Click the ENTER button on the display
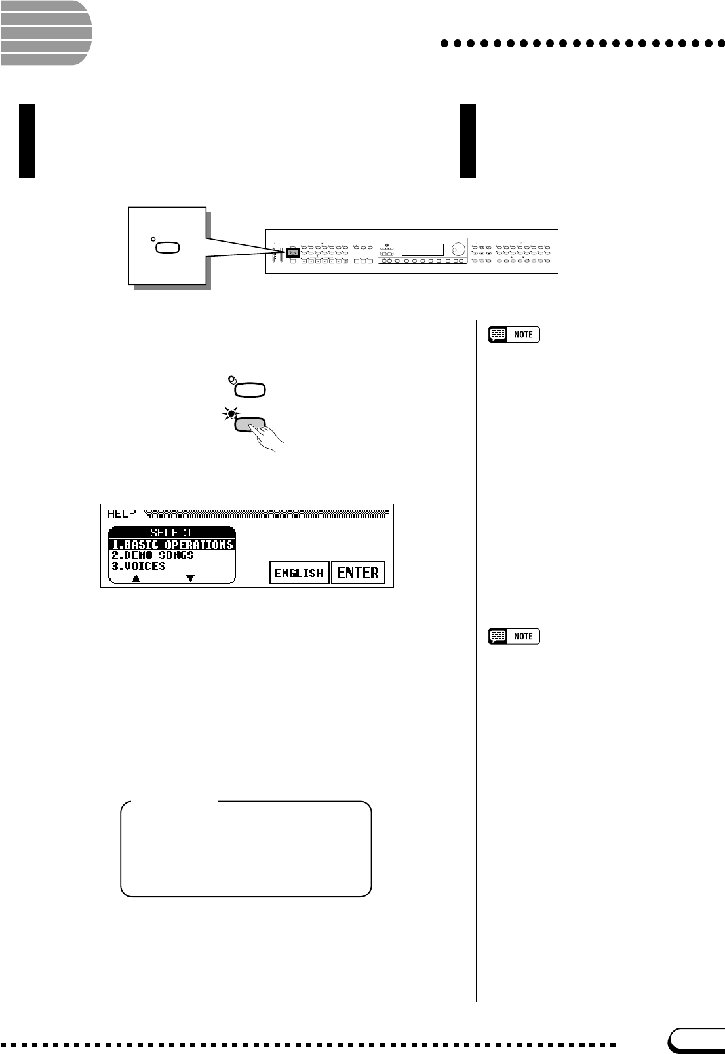358,573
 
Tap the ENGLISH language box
299,573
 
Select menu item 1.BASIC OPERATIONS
172,544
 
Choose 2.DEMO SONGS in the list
153,555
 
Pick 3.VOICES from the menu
138,566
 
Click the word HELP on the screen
121,514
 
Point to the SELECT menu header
171,533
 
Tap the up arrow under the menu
136,578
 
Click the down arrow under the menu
190,578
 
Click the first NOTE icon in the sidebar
514,335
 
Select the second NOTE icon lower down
514,636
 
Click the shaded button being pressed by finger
249,424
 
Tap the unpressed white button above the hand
250,390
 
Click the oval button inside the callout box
167,248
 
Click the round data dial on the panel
458,249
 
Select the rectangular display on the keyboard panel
422,250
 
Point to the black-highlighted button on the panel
293,252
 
